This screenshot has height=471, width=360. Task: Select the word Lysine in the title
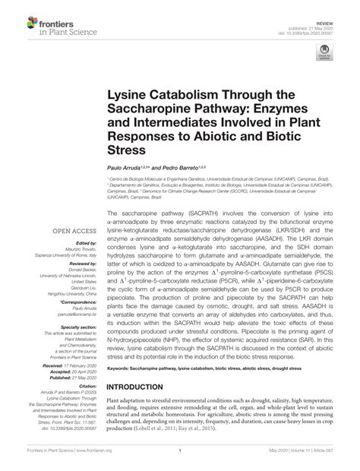(130, 97)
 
